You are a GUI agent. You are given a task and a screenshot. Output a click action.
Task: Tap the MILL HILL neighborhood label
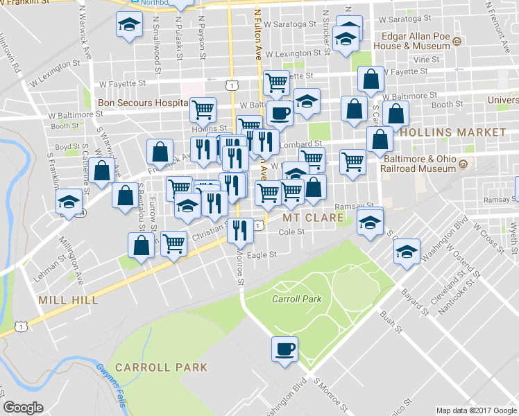click(x=68, y=300)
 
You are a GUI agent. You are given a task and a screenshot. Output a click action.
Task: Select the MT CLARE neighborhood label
click(x=313, y=218)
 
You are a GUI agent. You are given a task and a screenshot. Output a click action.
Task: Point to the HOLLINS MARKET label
click(x=453, y=132)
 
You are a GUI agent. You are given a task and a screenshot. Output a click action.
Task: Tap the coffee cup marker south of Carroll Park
click(x=284, y=349)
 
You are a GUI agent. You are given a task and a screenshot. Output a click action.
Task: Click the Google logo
click(x=23, y=408)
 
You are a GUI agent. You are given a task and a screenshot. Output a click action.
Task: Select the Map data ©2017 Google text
click(x=476, y=410)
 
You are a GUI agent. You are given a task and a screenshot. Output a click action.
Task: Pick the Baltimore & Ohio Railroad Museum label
click(x=419, y=164)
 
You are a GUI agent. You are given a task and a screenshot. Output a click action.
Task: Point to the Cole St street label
click(x=291, y=232)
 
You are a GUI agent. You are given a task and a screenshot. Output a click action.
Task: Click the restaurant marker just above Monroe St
click(x=240, y=229)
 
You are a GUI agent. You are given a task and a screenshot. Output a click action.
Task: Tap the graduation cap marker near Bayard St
click(x=407, y=250)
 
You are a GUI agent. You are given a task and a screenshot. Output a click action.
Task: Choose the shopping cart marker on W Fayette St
click(x=276, y=83)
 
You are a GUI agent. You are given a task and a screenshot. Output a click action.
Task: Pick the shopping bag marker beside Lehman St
click(x=141, y=244)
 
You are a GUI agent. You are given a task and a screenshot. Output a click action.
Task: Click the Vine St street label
click(x=421, y=60)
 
